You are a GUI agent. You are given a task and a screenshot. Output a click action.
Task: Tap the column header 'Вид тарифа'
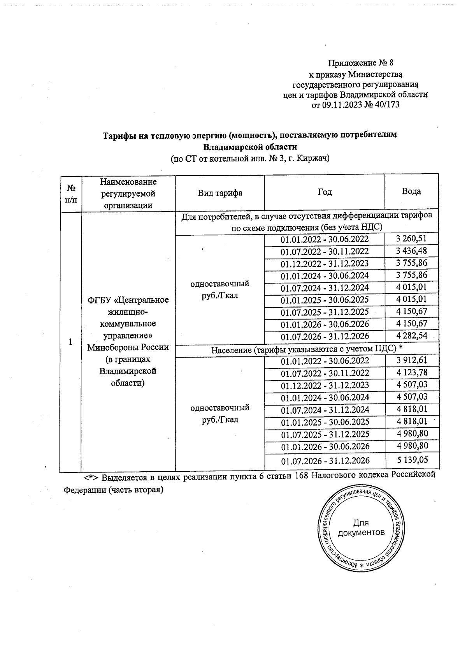pos(220,193)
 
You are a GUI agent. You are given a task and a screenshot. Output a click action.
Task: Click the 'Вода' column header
pos(411,191)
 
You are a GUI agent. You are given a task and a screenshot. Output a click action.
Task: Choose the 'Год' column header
pos(325,192)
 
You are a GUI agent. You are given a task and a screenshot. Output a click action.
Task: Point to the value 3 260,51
pos(412,238)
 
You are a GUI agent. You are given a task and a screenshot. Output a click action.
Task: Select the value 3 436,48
pos(412,250)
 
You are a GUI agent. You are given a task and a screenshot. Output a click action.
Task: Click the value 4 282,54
pos(412,336)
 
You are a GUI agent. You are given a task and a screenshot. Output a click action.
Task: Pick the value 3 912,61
pos(412,360)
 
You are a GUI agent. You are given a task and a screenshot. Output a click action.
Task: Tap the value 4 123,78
pos(412,372)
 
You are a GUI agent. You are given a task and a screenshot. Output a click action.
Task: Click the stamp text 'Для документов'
pos(362,527)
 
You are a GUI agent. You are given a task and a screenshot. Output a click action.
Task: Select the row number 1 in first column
pos(70,342)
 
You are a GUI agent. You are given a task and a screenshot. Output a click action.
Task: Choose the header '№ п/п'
pos(71,193)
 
